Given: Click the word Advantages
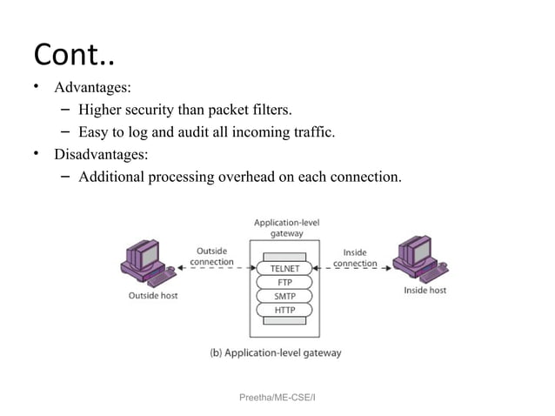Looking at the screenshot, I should (92, 88).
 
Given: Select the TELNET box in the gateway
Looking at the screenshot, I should (285, 268).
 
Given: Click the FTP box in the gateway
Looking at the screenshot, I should (285, 282).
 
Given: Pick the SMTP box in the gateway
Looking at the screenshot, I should (285, 296).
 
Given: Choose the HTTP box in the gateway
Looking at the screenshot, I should (285, 310).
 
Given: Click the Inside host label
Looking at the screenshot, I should (425, 290).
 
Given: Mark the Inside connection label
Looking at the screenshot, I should (355, 258).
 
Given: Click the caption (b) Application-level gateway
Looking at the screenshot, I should (276, 352).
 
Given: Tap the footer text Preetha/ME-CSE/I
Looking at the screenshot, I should (277, 396).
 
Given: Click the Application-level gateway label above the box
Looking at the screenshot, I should (286, 228).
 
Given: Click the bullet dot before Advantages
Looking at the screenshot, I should (37, 88).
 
